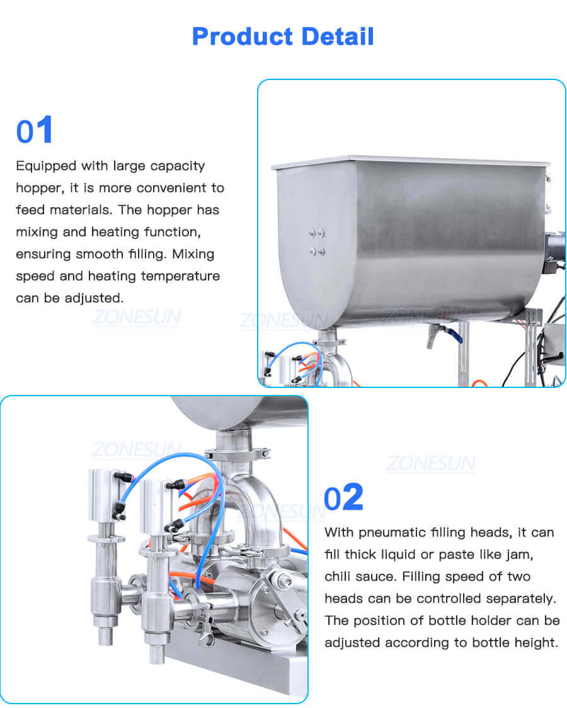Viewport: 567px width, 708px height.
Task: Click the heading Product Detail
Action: point(283,37)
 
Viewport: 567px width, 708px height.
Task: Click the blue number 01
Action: point(35,130)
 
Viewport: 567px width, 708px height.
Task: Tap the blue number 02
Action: point(343,497)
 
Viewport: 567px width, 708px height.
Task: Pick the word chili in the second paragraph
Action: point(341,577)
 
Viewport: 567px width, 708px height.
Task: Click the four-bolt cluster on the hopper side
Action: point(316,242)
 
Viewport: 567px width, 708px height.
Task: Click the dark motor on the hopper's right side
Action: point(555,252)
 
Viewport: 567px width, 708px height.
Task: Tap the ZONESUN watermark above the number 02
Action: point(430,464)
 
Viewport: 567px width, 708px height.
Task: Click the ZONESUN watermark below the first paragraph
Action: point(135,318)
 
